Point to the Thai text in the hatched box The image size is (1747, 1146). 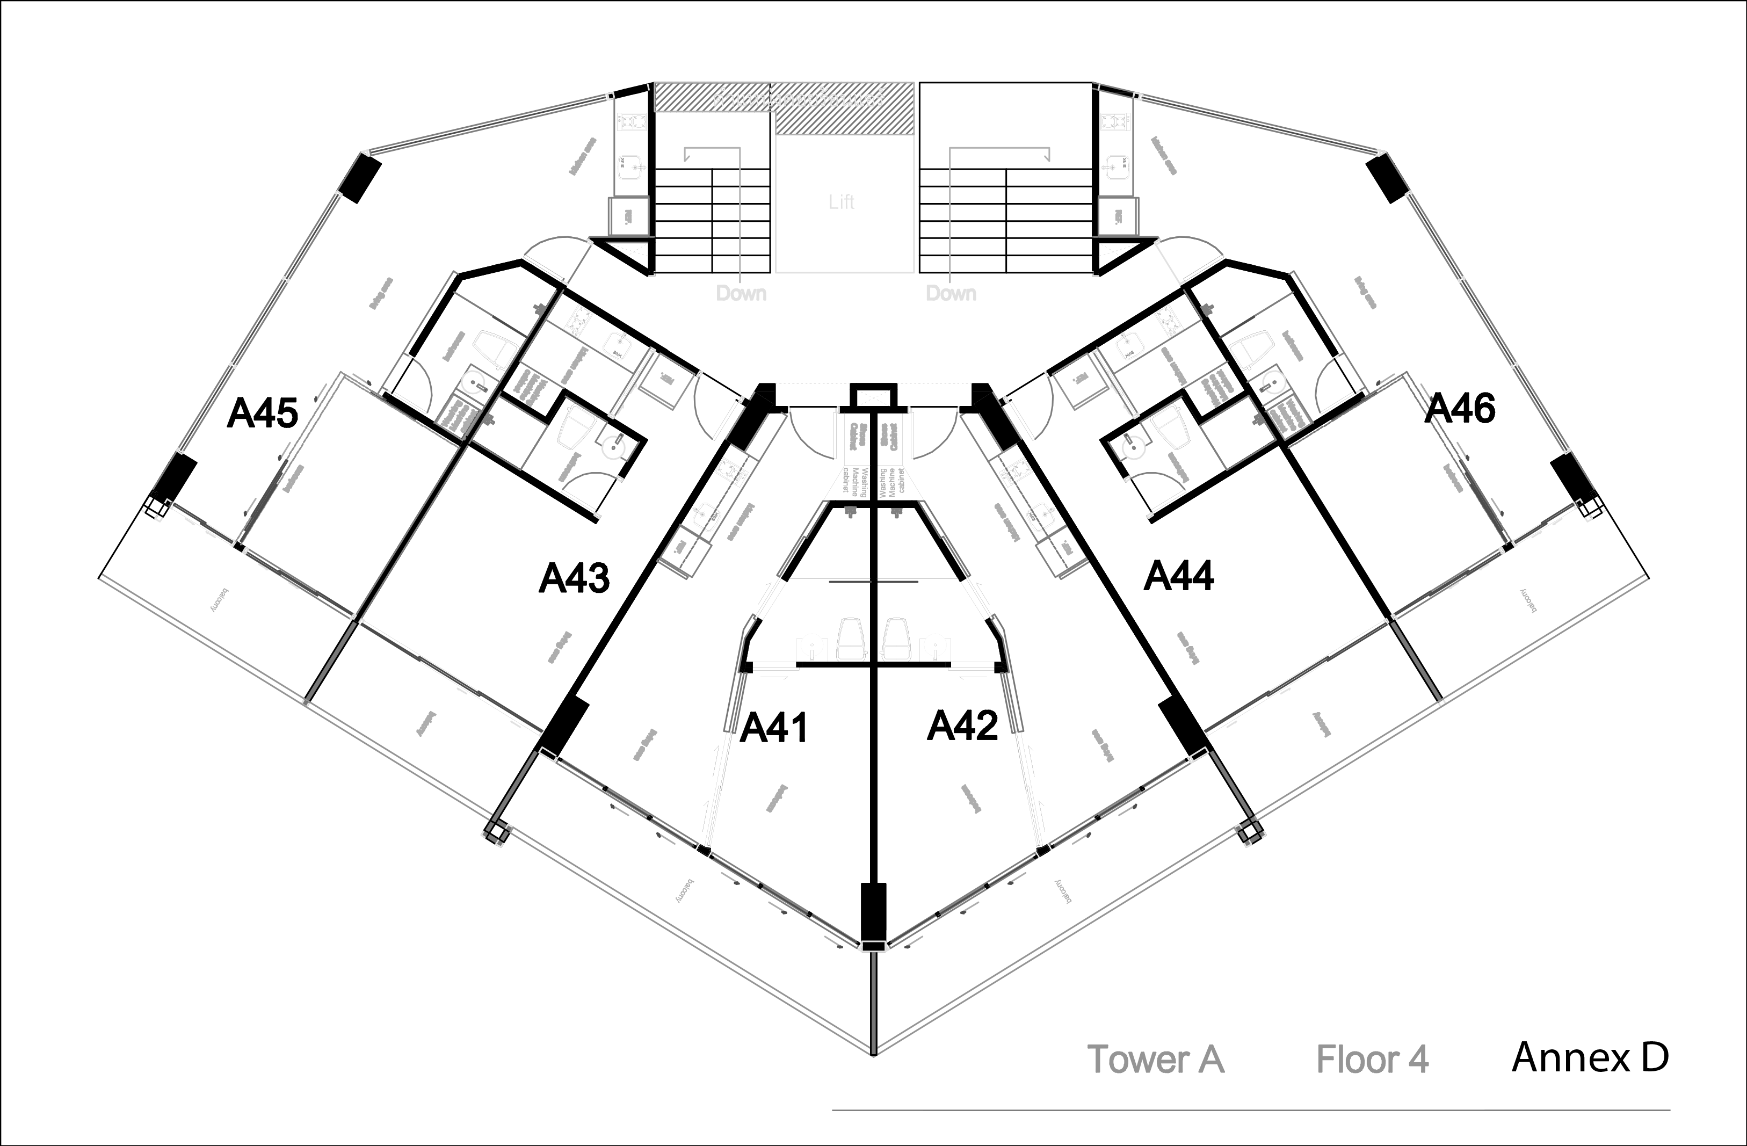[799, 98]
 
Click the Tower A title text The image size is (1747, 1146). [1155, 1060]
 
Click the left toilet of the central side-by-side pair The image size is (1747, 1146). [850, 639]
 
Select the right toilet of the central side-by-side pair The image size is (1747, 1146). [896, 639]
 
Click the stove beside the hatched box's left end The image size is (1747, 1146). [631, 122]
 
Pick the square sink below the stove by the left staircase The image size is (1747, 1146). [630, 168]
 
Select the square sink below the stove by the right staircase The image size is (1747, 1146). [1116, 168]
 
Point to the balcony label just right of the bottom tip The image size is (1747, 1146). [1064, 890]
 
